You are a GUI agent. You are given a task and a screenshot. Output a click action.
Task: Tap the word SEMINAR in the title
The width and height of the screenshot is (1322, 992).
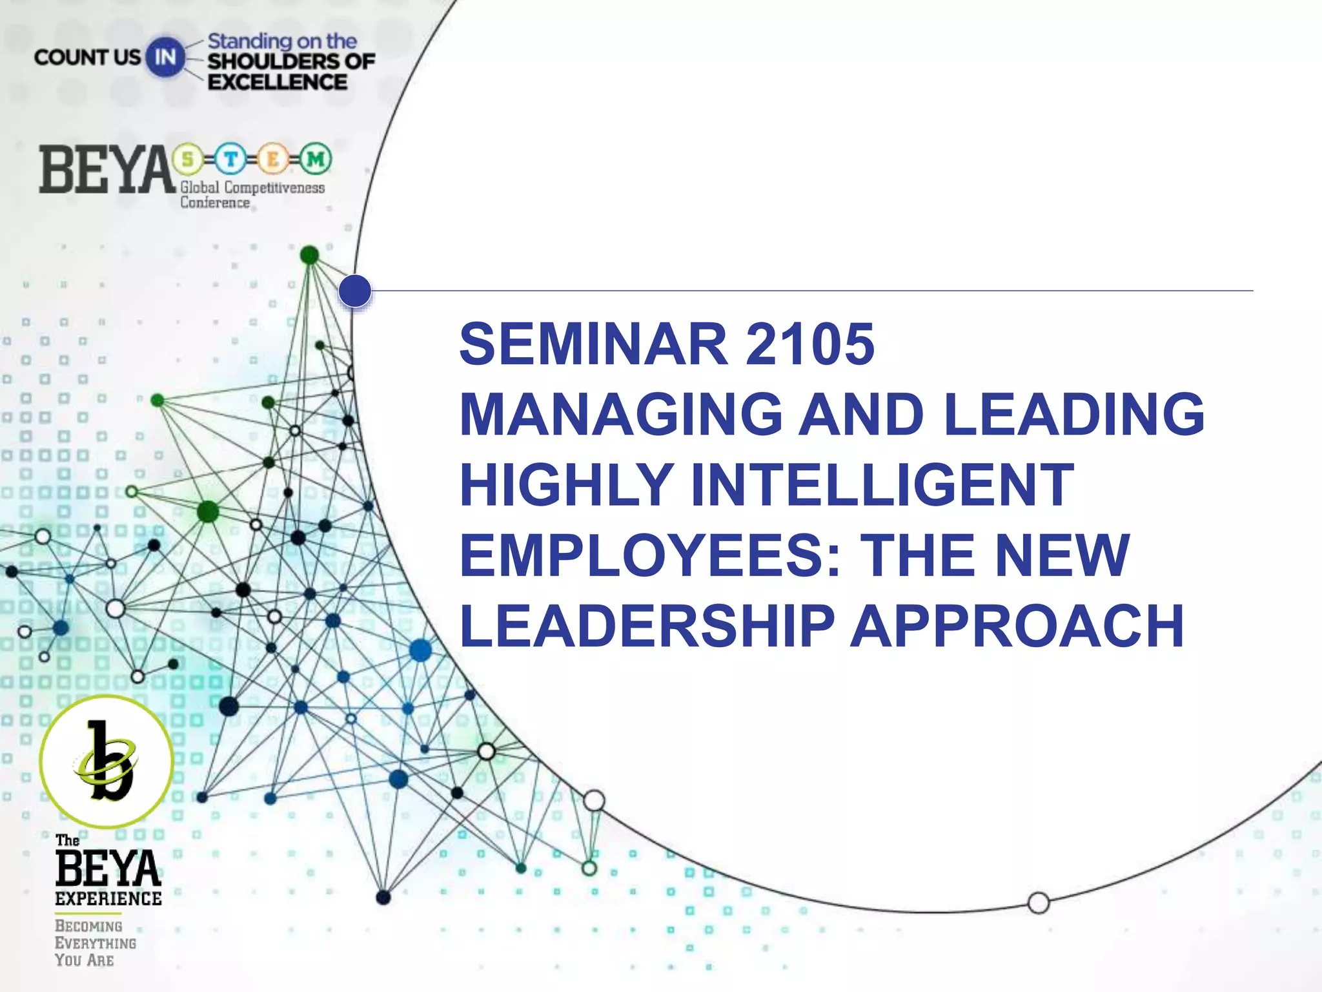[x=593, y=344]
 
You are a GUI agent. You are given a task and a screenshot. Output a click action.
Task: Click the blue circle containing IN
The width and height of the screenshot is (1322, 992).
[x=165, y=57]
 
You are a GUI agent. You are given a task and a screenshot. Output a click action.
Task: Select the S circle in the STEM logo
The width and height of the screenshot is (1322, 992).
[x=188, y=158]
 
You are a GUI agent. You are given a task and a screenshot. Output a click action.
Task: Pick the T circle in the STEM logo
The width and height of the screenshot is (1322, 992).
[x=230, y=158]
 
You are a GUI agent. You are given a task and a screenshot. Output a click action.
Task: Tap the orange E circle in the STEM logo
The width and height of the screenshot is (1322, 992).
[x=273, y=158]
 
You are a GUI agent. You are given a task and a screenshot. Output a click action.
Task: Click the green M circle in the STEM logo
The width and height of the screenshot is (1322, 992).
[x=316, y=158]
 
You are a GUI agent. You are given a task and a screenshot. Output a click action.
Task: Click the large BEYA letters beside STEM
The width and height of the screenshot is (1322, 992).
[x=107, y=170]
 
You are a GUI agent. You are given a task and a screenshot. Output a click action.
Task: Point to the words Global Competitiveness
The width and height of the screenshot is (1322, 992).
[x=252, y=188]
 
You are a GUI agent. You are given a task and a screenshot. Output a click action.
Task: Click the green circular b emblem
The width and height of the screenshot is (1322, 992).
[x=107, y=761]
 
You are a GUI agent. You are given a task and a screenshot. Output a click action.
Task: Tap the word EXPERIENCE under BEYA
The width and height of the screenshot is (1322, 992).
[x=108, y=898]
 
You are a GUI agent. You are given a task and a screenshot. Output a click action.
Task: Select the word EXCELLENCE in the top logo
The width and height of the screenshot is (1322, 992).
[x=278, y=82]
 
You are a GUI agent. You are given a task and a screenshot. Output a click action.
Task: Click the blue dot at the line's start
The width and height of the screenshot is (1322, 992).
[x=355, y=291]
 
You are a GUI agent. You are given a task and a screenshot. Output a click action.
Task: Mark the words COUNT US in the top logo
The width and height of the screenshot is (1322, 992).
[x=87, y=57]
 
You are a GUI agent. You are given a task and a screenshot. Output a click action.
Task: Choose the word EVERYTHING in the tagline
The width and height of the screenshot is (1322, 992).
[x=96, y=943]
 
